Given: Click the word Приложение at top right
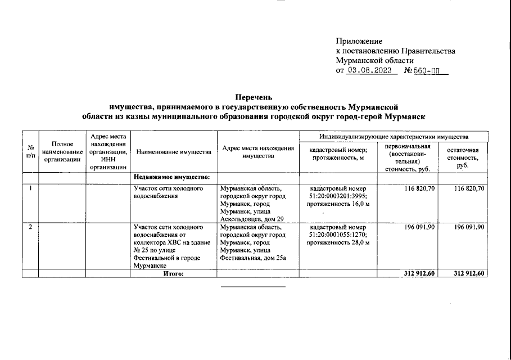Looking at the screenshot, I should click(359, 41).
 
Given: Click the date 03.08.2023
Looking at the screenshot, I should click(369, 71).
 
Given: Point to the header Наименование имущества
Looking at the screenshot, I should click(174, 152).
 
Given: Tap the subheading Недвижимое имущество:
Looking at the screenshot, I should click(171, 178).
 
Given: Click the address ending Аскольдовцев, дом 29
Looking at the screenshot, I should click(250, 219).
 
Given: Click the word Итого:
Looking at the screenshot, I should click(173, 273).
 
